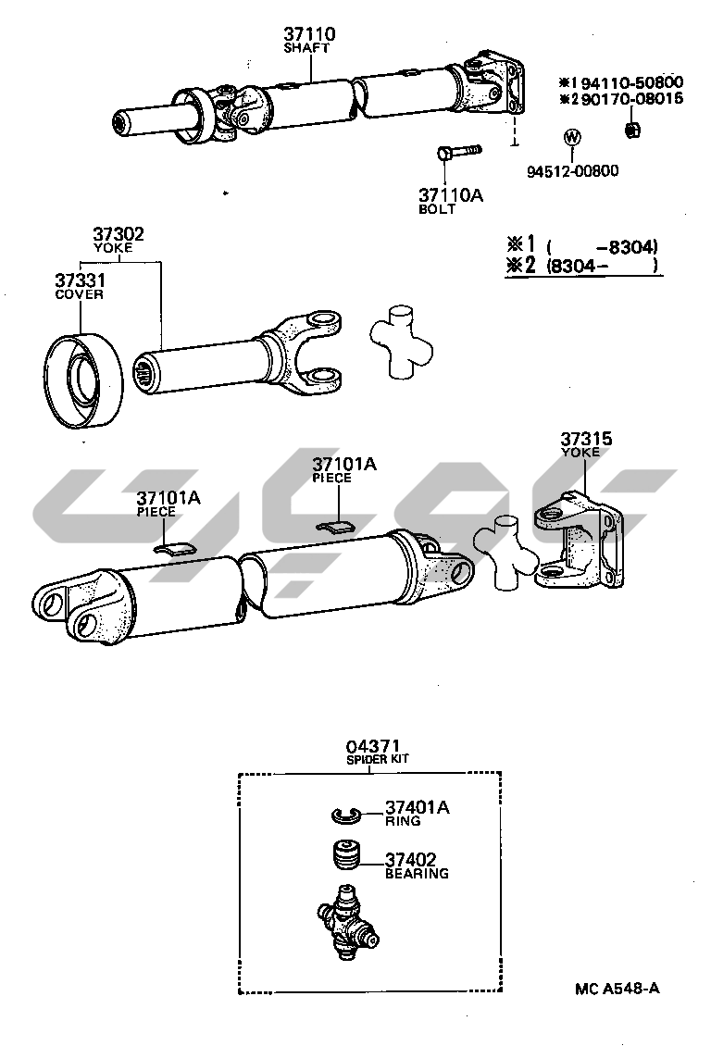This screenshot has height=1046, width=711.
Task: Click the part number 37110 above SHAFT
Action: [309, 34]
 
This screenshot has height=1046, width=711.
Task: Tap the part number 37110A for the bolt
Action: [451, 195]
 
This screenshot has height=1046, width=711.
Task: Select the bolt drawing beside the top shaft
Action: [456, 151]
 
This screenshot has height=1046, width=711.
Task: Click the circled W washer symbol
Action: [572, 138]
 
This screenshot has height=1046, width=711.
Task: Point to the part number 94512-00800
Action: [573, 170]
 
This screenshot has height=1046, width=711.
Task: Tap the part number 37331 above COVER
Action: [78, 280]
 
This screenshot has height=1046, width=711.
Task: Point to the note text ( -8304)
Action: [602, 246]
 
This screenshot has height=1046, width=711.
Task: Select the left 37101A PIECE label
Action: [168, 498]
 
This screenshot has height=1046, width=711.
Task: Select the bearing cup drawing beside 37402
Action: [346, 856]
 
